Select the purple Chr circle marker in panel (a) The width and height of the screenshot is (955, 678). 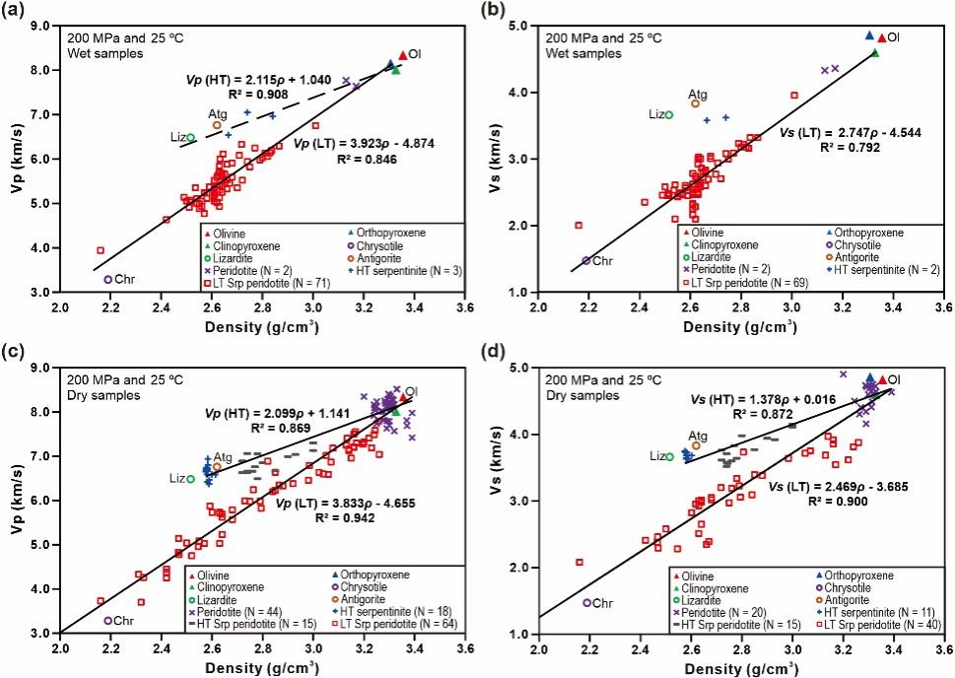tap(107, 280)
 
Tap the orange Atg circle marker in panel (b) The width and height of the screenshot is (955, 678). tap(695, 103)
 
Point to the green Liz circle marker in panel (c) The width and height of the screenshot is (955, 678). tap(190, 479)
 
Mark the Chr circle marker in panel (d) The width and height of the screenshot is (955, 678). tap(587, 602)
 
